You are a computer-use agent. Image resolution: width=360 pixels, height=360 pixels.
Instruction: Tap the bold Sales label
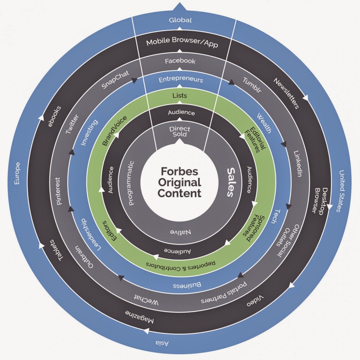(x=231, y=182)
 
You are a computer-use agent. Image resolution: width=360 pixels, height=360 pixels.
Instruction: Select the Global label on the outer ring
(x=180, y=20)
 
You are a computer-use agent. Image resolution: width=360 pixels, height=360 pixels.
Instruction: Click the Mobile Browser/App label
(x=182, y=43)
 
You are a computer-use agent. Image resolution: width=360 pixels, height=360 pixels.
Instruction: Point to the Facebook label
(x=180, y=61)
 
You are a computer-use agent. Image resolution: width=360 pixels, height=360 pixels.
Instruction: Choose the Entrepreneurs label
(x=181, y=79)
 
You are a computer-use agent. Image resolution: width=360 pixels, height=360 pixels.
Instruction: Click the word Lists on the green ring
(x=180, y=95)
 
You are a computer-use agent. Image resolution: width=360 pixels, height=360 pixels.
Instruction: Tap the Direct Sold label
(x=180, y=131)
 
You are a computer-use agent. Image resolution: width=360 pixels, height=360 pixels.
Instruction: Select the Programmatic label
(x=132, y=183)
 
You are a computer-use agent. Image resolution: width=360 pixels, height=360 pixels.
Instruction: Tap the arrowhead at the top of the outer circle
(x=180, y=6)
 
